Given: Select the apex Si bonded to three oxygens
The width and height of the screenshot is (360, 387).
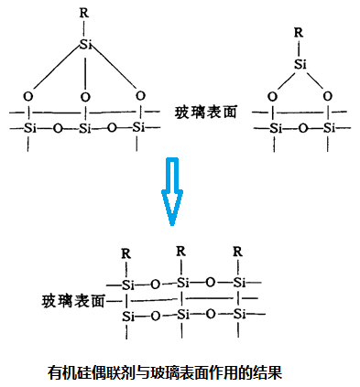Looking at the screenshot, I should [86, 44].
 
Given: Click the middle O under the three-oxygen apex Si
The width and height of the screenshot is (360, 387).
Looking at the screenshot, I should [85, 95].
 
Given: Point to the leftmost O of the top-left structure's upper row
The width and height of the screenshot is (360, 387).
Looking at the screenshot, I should [29, 95].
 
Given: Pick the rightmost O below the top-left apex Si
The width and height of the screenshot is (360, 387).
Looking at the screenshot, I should [140, 94].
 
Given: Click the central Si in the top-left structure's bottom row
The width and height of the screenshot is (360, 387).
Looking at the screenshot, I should [85, 128].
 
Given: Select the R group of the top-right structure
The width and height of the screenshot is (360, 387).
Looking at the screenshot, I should [296, 35].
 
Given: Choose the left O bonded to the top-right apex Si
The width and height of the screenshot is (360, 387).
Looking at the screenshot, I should [272, 95].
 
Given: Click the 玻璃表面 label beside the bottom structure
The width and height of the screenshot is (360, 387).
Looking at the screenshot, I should [72, 299].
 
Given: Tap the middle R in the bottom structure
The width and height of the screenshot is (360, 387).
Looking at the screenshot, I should [181, 251].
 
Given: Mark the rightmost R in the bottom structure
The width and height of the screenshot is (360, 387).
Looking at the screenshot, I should [238, 251].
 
